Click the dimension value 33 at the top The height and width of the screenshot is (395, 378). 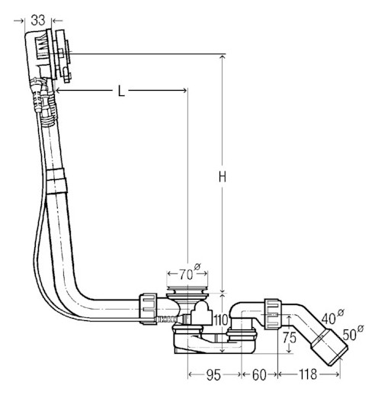click(38, 20)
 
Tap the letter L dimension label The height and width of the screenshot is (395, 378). click(121, 91)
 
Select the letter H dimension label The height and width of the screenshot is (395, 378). click(223, 176)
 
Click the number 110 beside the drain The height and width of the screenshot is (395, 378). click(221, 320)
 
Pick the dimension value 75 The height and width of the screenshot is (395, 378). click(290, 338)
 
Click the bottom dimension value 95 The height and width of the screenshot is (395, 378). click(213, 375)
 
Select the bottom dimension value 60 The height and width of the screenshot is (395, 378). click(259, 375)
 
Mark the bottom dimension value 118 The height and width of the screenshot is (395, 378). click(308, 374)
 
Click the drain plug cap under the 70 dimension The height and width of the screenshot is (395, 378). click(187, 290)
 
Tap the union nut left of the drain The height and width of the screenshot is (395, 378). click(148, 309)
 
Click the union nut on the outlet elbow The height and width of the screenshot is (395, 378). click(273, 314)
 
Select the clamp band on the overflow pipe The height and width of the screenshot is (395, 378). click(56, 181)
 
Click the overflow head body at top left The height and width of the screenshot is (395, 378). click(40, 54)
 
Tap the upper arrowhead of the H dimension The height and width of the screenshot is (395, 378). click(223, 58)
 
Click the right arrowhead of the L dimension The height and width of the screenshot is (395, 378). click(184, 90)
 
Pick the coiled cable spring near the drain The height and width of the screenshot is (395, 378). click(166, 319)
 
